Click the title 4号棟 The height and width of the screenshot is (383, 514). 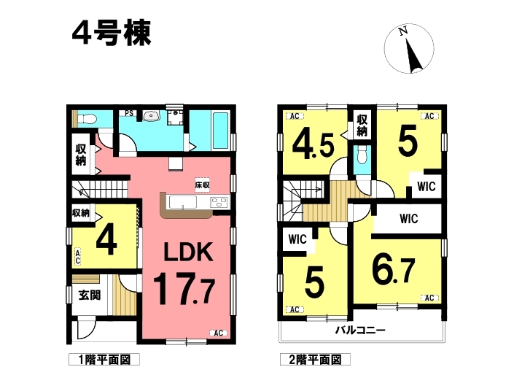point(112,33)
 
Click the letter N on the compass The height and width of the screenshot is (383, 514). point(403,31)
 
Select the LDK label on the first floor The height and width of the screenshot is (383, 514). point(188,252)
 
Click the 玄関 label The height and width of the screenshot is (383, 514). point(89,295)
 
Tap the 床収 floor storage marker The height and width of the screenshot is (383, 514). point(202,185)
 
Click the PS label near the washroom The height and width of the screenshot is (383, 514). point(129,113)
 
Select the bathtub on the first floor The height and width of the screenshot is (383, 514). point(220,131)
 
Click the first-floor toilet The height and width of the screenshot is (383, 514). point(87,118)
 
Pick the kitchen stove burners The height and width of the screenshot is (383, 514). point(219,201)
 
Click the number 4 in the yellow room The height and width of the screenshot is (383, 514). point(106,239)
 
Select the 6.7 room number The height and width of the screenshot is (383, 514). point(394,270)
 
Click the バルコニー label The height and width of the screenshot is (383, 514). point(360,330)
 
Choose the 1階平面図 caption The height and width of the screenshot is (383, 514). point(104,360)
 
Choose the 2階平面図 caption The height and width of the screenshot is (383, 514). point(315,360)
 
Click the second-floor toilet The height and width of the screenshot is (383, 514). point(362,155)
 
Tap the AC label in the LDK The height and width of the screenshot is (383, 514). point(218,333)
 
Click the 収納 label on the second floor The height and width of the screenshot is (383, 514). point(362,125)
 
